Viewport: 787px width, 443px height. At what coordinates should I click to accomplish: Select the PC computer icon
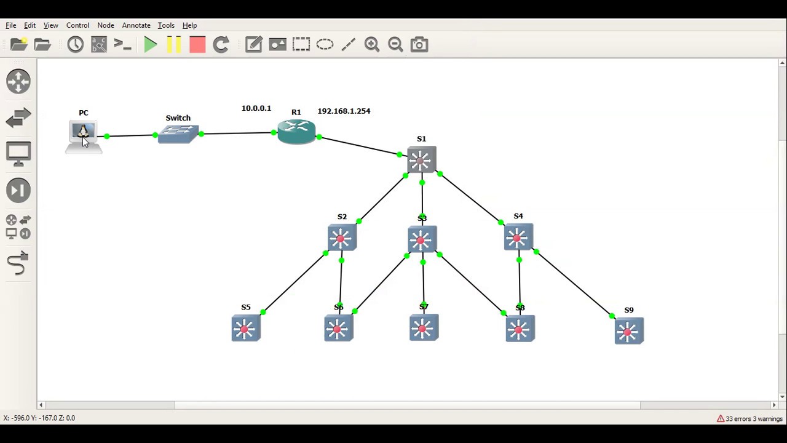point(83,134)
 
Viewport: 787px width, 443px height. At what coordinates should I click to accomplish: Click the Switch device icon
point(178,134)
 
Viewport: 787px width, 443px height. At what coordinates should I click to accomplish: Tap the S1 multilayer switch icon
point(421,160)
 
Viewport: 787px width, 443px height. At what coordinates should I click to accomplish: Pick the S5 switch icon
point(246,328)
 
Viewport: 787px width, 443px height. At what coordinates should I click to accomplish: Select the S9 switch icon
point(628,331)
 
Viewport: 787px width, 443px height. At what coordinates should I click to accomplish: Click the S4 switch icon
point(518,237)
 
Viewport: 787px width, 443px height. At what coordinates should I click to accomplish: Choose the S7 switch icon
point(424,327)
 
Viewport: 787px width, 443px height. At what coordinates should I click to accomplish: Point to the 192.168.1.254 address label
point(344,111)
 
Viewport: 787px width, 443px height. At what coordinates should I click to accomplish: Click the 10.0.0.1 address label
point(256,108)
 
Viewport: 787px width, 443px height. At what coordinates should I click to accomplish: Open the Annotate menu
point(136,25)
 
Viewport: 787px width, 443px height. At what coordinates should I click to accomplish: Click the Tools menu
point(166,25)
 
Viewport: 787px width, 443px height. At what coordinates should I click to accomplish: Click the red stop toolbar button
point(197,44)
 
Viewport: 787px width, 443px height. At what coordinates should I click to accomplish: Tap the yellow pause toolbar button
point(174,44)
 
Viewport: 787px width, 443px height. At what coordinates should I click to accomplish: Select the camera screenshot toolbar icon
point(419,44)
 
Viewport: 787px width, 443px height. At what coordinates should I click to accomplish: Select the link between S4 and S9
point(574,284)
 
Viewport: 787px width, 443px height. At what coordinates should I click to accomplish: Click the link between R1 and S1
point(360,146)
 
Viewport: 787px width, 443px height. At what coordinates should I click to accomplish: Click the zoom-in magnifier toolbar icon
point(372,44)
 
